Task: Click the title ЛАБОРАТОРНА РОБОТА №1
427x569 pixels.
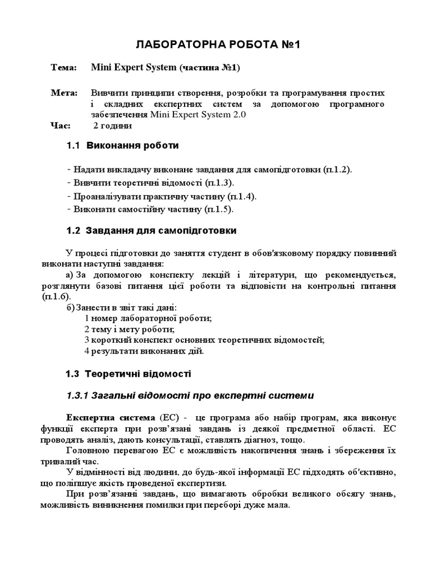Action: coord(219,46)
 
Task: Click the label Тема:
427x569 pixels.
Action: coord(64,67)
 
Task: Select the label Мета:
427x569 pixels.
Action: coord(64,92)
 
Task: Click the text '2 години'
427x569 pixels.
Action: coord(113,126)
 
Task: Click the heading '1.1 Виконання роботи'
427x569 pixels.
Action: coord(122,146)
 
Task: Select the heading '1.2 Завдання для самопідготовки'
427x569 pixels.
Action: coord(151,230)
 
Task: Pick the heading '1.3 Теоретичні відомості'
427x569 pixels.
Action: coord(128,374)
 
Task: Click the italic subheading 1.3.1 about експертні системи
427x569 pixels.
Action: coord(190,396)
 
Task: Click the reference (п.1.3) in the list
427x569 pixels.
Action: coord(219,183)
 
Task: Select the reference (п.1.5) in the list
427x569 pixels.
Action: coord(219,209)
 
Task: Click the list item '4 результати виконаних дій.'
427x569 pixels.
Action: coord(144,351)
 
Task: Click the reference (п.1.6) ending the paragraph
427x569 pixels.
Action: coord(56,297)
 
